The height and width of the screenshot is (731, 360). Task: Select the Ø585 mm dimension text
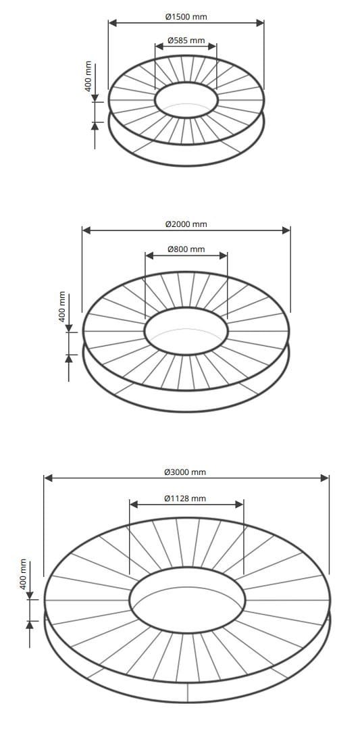coord(186,41)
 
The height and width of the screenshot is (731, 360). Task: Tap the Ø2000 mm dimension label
coord(186,224)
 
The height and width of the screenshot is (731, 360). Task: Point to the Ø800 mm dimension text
coord(186,249)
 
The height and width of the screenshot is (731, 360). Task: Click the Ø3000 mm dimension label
coord(185,472)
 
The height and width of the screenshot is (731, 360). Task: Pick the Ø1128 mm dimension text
coord(185,499)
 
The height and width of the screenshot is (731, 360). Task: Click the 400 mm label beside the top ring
coord(88,76)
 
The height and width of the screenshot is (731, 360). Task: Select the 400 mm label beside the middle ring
coord(62,307)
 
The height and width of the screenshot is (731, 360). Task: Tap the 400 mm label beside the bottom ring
coord(23,574)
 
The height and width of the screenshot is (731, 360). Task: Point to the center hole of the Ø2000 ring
coord(186,332)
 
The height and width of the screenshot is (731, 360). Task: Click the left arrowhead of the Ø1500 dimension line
coord(113,22)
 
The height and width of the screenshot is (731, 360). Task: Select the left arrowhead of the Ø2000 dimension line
coord(86,230)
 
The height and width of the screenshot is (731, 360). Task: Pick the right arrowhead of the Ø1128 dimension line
coord(239,504)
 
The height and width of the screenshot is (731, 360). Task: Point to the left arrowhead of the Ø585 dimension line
coord(159,47)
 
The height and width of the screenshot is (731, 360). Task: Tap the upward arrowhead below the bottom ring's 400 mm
coord(29,624)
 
